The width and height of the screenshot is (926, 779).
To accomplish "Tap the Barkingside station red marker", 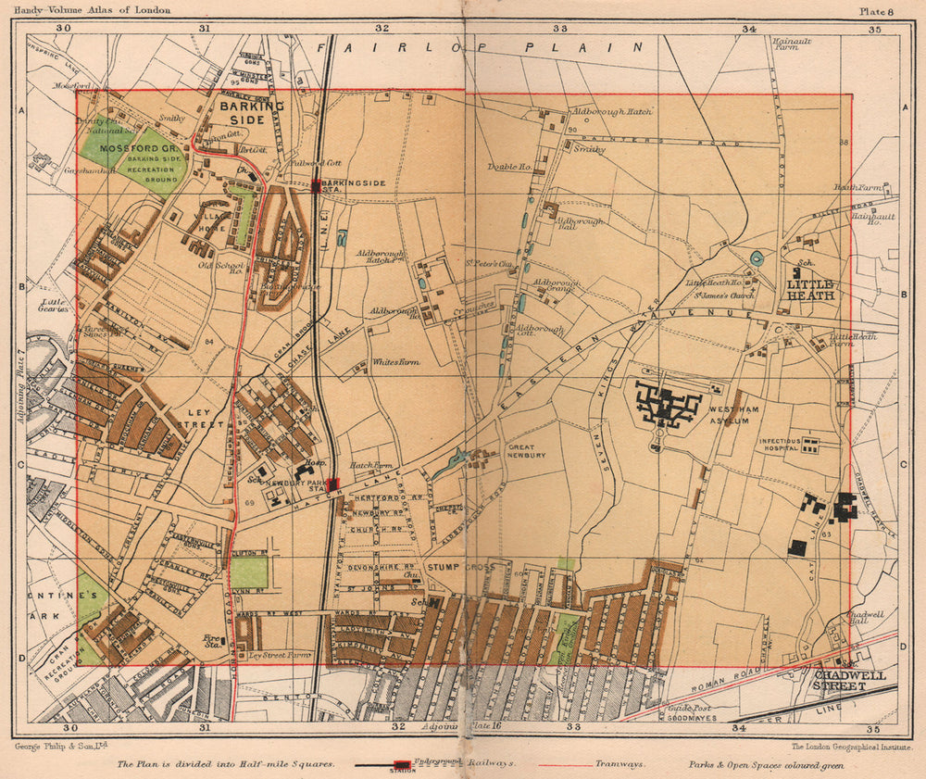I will click(317, 186).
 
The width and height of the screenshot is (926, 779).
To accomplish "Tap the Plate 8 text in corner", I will click(876, 10).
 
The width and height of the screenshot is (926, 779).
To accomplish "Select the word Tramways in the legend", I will click(620, 766).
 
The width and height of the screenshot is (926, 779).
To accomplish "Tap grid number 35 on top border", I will click(873, 29).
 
